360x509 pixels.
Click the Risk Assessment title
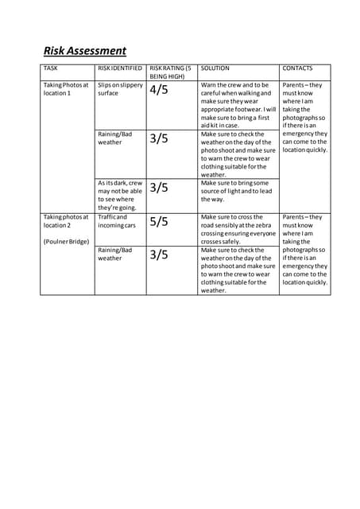(x=84, y=51)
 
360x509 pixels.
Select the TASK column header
(x=51, y=69)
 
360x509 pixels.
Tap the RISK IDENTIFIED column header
(x=120, y=69)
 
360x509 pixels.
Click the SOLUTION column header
(x=215, y=69)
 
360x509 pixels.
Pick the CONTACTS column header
(x=298, y=69)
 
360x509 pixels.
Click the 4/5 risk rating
(x=159, y=90)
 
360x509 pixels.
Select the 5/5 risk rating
(x=159, y=222)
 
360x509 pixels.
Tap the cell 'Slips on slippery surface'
(x=120, y=89)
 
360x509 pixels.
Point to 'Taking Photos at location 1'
(x=66, y=89)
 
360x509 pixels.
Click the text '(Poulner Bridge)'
(x=68, y=241)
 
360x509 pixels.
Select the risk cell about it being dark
(x=120, y=196)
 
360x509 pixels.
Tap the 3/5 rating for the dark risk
(x=159, y=188)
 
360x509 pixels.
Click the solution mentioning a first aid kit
(x=238, y=105)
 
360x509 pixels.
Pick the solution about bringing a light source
(x=236, y=191)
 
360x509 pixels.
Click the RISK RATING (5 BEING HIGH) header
(x=170, y=73)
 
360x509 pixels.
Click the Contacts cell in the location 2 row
(x=304, y=249)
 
